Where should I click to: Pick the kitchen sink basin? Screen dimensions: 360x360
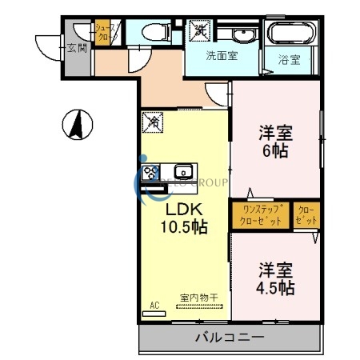pos(182,171)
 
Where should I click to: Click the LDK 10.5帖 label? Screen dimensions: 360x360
pos(186,218)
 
